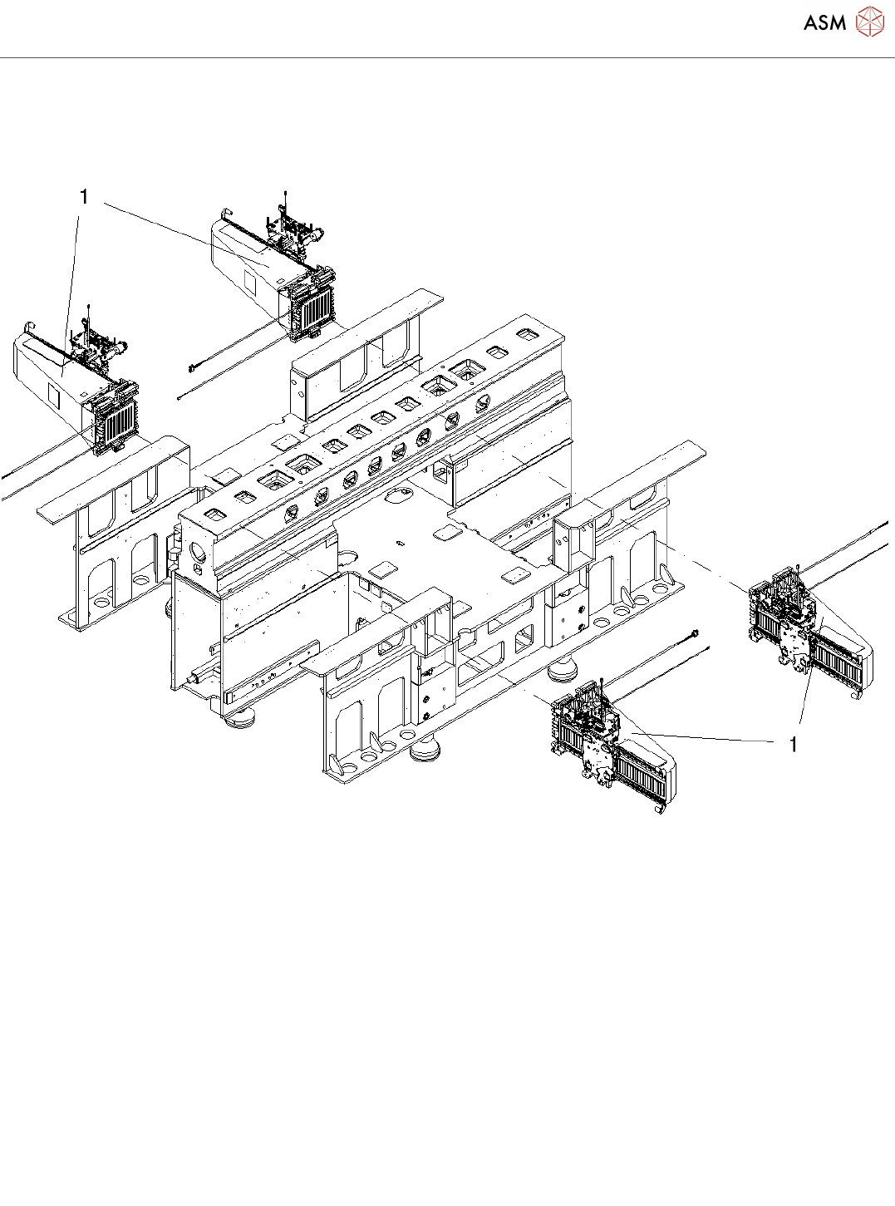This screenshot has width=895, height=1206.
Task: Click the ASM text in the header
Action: point(824,23)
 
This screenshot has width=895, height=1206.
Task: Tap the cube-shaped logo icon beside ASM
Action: point(869,22)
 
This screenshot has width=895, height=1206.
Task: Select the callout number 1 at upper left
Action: point(83,197)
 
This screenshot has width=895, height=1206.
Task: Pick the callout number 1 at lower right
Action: point(794,745)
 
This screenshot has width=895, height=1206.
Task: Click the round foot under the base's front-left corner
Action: point(240,718)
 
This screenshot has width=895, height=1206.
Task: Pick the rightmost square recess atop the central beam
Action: point(526,334)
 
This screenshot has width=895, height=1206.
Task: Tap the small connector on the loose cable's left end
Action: point(192,366)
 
